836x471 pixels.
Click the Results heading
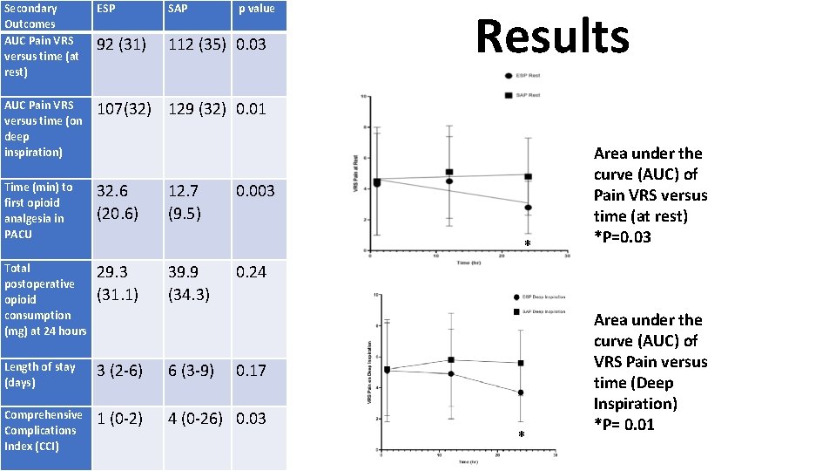pos(552,38)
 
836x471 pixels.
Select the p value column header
pos(257,9)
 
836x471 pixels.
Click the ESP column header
pos(106,9)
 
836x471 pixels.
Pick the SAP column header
pos(178,9)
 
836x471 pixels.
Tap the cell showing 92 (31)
pos(121,44)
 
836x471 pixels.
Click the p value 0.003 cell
pos(254,191)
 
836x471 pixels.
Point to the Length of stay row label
pos(40,375)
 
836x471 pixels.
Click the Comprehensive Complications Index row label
pos(44,430)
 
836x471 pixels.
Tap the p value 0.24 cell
pos(251,272)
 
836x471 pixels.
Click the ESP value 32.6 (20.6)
pos(118,202)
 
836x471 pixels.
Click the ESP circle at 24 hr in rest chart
pos(528,208)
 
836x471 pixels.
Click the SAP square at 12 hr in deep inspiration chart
pos(451,359)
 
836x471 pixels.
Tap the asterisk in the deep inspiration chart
pos(522,435)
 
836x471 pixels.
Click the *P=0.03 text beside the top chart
pos(623,237)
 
